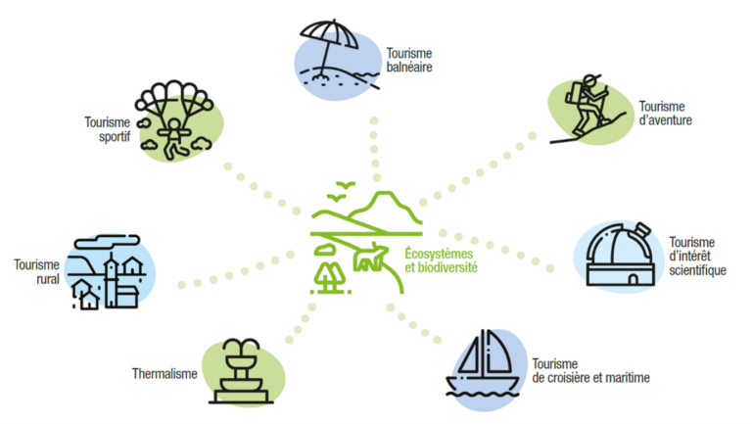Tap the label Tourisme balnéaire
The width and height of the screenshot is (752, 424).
(x=408, y=60)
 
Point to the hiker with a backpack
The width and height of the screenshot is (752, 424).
(x=590, y=106)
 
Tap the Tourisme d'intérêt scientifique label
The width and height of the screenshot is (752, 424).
(x=697, y=257)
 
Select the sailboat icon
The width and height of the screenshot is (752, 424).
(x=487, y=363)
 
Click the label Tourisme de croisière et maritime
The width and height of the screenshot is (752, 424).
(x=590, y=371)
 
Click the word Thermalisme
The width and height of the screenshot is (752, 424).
(x=164, y=373)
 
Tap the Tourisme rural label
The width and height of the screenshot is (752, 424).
(x=36, y=271)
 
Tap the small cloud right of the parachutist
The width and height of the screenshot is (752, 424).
(x=204, y=143)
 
